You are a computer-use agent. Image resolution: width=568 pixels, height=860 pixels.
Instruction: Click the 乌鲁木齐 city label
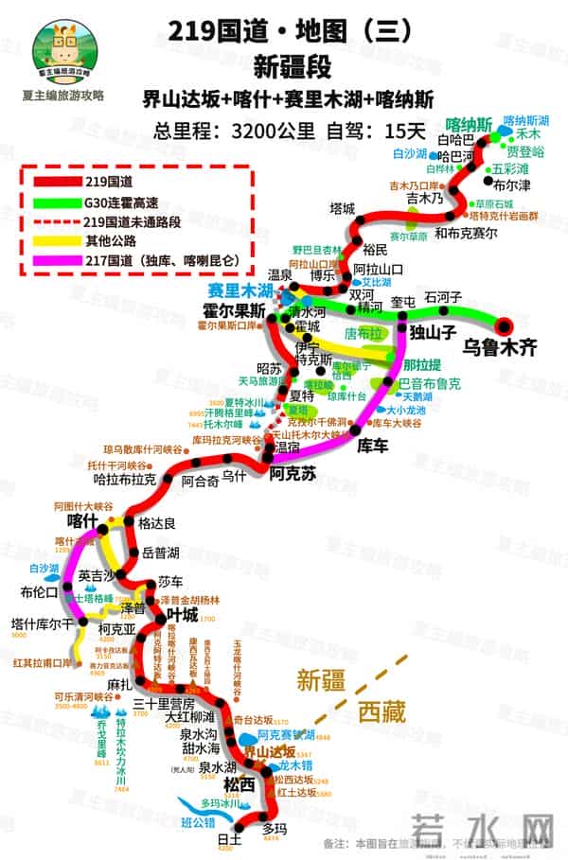tap(500, 347)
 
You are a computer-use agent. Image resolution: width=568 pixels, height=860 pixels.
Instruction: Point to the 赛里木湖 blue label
tap(240, 289)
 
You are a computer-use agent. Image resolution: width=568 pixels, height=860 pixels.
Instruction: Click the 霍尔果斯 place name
tap(232, 310)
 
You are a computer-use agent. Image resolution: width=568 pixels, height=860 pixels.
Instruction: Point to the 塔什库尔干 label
tap(42, 623)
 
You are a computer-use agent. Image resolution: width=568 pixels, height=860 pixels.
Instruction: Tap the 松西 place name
tap(239, 784)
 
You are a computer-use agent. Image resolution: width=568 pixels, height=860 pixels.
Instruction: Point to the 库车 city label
tap(371, 443)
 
